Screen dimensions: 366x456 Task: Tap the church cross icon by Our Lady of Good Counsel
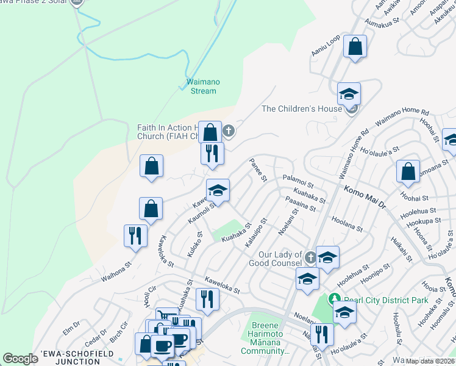pyautogui.click(x=310, y=257)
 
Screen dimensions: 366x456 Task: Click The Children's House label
pyautogui.click(x=301, y=109)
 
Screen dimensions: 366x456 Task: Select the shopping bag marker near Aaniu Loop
pyautogui.click(x=355, y=47)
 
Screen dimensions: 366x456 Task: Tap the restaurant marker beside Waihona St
pyautogui.click(x=135, y=236)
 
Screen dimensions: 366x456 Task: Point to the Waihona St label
pyautogui.click(x=116, y=269)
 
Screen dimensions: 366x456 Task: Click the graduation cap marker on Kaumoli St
pyautogui.click(x=218, y=190)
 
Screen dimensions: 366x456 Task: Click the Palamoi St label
pyautogui.click(x=297, y=181)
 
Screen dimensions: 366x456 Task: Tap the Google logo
pyautogui.click(x=20, y=359)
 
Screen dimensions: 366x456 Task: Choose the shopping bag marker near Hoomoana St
pyautogui.click(x=408, y=172)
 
